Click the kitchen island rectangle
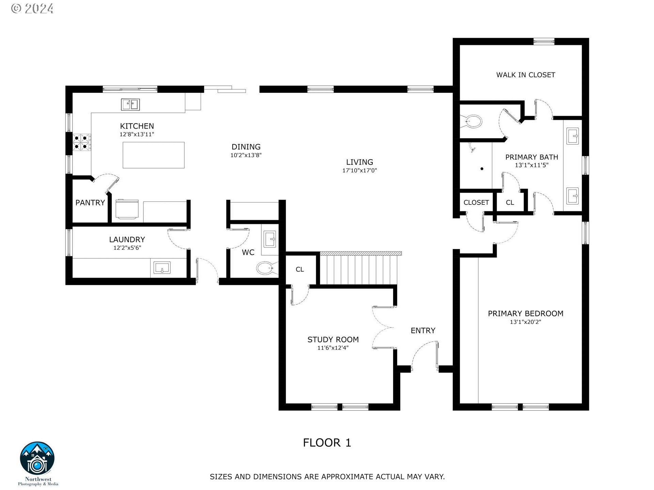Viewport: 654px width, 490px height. pyautogui.click(x=153, y=155)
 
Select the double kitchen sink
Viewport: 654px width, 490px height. pyautogui.click(x=130, y=104)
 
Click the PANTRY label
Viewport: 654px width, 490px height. pyautogui.click(x=90, y=203)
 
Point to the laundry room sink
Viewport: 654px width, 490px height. pyautogui.click(x=162, y=268)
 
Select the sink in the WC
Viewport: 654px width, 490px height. pyautogui.click(x=270, y=239)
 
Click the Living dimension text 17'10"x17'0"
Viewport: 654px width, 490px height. pyautogui.click(x=359, y=170)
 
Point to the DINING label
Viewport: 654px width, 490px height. pyautogui.click(x=246, y=147)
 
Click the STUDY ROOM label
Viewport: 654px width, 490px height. pyautogui.click(x=333, y=340)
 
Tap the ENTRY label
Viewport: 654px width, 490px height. pyautogui.click(x=423, y=331)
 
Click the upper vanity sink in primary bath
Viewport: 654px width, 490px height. pyautogui.click(x=573, y=136)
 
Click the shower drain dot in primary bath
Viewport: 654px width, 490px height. pyautogui.click(x=482, y=169)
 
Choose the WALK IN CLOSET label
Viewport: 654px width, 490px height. pyautogui.click(x=526, y=75)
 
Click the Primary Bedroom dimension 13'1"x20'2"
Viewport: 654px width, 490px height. pyautogui.click(x=525, y=322)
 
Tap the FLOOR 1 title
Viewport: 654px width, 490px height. pyautogui.click(x=327, y=443)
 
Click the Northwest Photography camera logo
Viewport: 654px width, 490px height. pyautogui.click(x=37, y=459)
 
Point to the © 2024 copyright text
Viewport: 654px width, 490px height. pyautogui.click(x=32, y=9)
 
